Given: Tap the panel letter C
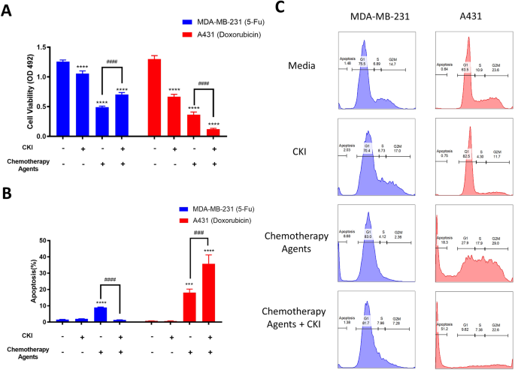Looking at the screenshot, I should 280,8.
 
